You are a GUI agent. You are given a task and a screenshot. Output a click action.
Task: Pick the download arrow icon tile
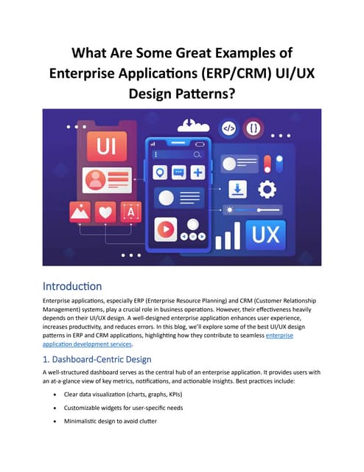[x=238, y=189]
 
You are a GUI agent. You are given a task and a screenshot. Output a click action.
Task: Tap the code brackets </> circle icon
[x=229, y=128]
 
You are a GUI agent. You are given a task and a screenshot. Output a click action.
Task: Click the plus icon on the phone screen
[x=197, y=173]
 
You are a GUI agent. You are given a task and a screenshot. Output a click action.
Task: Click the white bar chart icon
[x=228, y=237]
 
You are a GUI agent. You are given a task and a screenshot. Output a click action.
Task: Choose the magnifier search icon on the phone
[x=197, y=155]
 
